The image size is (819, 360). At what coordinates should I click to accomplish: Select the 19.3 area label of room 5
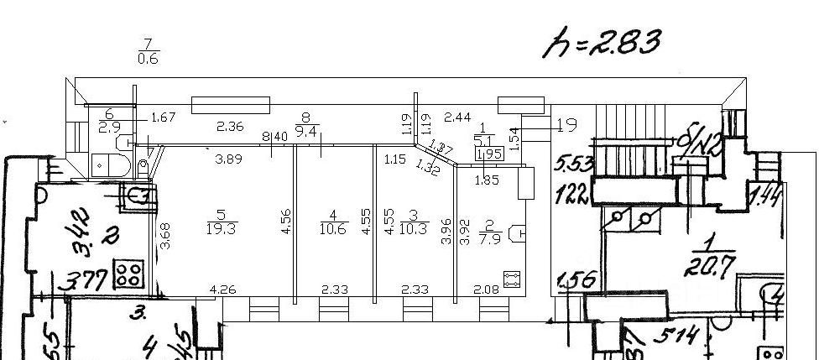click(221, 229)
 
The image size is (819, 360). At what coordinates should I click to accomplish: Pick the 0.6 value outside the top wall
click(149, 58)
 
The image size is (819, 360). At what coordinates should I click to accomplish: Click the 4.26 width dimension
click(222, 290)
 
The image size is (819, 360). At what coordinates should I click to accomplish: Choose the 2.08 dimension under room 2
click(485, 290)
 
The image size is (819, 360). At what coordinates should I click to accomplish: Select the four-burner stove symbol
click(129, 273)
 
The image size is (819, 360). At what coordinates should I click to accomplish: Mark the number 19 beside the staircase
click(567, 127)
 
